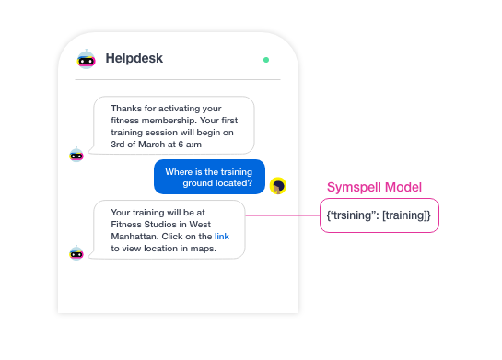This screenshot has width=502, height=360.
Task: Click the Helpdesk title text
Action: pyautogui.click(x=134, y=59)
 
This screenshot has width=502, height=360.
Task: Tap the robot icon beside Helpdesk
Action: pyautogui.click(x=87, y=59)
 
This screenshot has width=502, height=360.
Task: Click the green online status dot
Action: pyautogui.click(x=266, y=60)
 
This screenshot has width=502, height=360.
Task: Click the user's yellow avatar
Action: pyautogui.click(x=278, y=186)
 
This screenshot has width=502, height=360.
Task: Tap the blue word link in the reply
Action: pyautogui.click(x=222, y=237)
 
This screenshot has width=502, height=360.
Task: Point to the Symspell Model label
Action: pyautogui.click(x=375, y=187)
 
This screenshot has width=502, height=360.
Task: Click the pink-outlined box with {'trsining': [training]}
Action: pyautogui.click(x=379, y=216)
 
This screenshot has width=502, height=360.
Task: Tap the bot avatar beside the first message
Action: pyautogui.click(x=76, y=154)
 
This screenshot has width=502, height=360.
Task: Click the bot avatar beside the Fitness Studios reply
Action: pyautogui.click(x=76, y=251)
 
